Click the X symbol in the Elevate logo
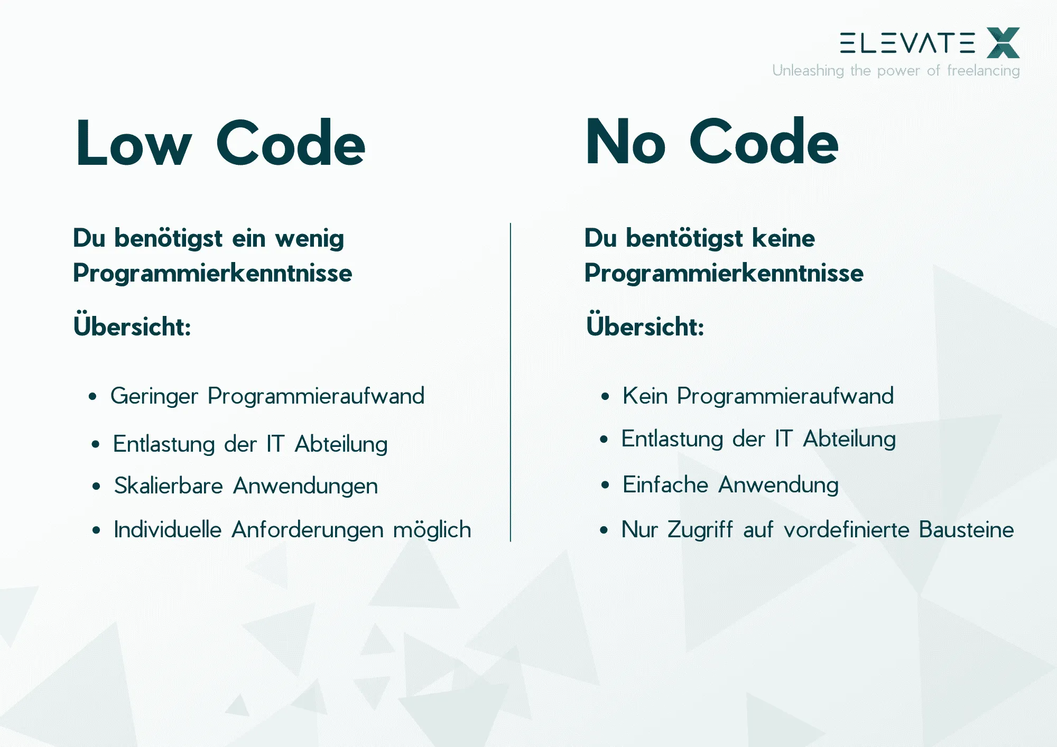pyautogui.click(x=1003, y=43)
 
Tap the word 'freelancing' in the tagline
pyautogui.click(x=983, y=71)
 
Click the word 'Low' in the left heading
pyautogui.click(x=133, y=144)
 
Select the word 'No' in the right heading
pyautogui.click(x=625, y=143)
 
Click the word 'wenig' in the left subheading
pyautogui.click(x=309, y=239)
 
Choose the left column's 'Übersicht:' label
pyautogui.click(x=132, y=325)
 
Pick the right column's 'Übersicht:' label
pyautogui.click(x=645, y=325)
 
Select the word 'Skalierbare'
pyautogui.click(x=168, y=486)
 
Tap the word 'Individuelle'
pyautogui.click(x=168, y=530)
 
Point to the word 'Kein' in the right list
pyautogui.click(x=645, y=396)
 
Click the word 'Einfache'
pyautogui.click(x=665, y=485)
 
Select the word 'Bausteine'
pyautogui.click(x=966, y=530)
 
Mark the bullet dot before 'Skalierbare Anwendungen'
pyautogui.click(x=96, y=486)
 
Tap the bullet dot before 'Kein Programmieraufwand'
pyautogui.click(x=605, y=396)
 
